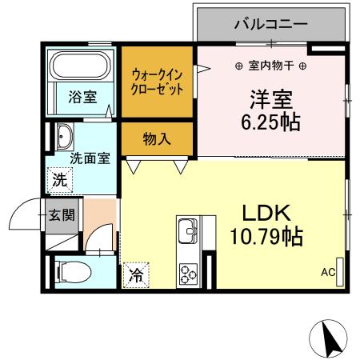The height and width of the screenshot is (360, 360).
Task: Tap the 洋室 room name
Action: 272,101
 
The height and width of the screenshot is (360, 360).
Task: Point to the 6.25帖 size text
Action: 272,124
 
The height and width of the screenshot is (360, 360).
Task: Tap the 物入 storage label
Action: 157,139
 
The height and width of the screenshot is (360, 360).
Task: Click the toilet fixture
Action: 72,271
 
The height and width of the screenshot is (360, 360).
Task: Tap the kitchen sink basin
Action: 190,232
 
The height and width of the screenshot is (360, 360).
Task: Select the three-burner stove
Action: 190,273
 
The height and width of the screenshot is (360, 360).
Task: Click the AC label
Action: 327,272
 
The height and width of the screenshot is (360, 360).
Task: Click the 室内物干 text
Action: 270,65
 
